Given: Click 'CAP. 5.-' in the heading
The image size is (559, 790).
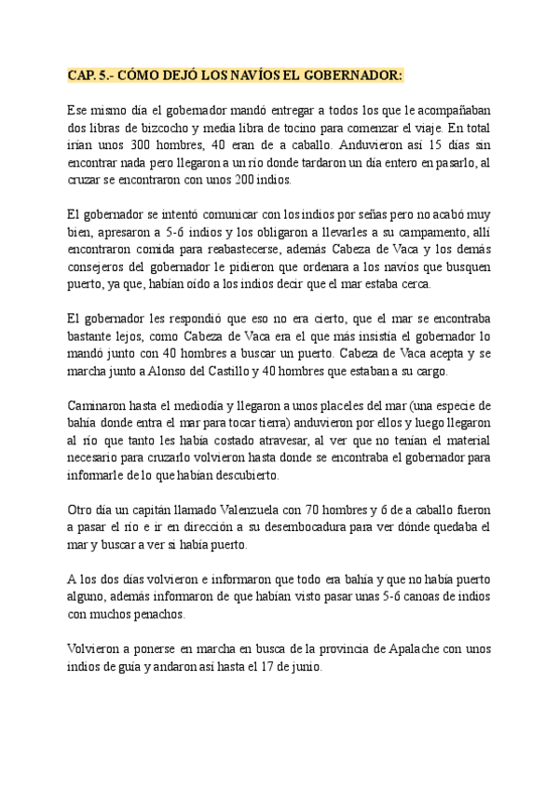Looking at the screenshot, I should [89, 75].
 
